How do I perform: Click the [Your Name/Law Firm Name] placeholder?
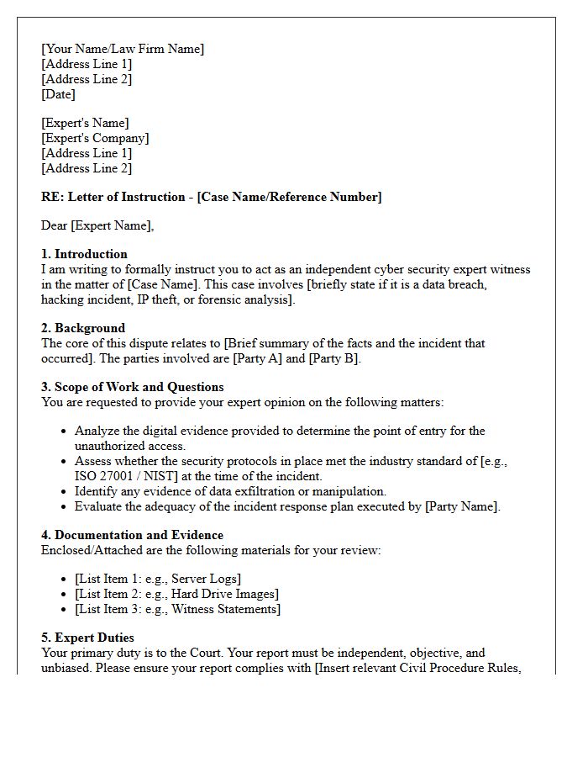pyautogui.click(x=123, y=49)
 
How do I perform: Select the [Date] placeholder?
pyautogui.click(x=58, y=94)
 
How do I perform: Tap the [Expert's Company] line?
pyautogui.click(x=95, y=138)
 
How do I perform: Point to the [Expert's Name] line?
pyautogui.click(x=85, y=123)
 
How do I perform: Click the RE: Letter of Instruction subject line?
pyautogui.click(x=211, y=197)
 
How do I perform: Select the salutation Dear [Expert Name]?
pyautogui.click(x=97, y=225)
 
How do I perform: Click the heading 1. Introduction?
pyautogui.click(x=84, y=254)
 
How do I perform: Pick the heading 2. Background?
pyautogui.click(x=83, y=328)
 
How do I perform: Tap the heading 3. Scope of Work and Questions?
pyautogui.click(x=132, y=387)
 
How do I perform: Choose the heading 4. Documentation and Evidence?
pyautogui.click(x=132, y=535)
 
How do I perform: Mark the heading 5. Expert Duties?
pyautogui.click(x=87, y=638)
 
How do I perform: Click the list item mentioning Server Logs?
pyautogui.click(x=158, y=579)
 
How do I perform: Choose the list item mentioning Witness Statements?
pyautogui.click(x=177, y=609)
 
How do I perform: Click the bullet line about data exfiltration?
pyautogui.click(x=230, y=491)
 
